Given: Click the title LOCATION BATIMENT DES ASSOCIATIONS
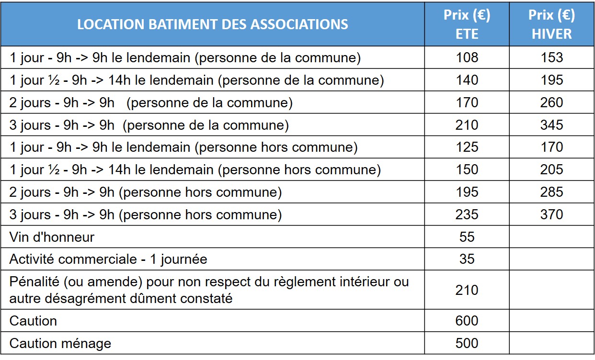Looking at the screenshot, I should click(212, 24).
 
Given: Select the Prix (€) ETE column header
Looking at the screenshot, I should click(467, 24).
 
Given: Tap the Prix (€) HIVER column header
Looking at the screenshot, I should click(551, 24).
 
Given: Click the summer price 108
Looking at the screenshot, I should click(467, 58).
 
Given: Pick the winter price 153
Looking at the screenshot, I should click(551, 58).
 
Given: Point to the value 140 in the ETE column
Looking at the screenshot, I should click(467, 80).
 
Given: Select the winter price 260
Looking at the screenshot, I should click(551, 103).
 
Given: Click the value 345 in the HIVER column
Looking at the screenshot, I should click(551, 125).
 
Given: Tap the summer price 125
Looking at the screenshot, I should click(467, 147).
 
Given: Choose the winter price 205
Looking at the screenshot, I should click(551, 170).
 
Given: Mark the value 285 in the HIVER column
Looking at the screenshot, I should click(551, 192).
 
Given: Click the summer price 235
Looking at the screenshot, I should click(467, 214).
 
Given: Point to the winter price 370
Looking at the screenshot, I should click(551, 214).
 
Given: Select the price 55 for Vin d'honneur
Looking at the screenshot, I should click(467, 237).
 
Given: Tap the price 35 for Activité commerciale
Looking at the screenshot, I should click(467, 259).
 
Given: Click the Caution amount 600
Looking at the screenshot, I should click(467, 321).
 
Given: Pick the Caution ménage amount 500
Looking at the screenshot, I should click(467, 343).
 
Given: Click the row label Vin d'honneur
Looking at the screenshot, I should click(52, 237).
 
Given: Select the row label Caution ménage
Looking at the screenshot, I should click(60, 343).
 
